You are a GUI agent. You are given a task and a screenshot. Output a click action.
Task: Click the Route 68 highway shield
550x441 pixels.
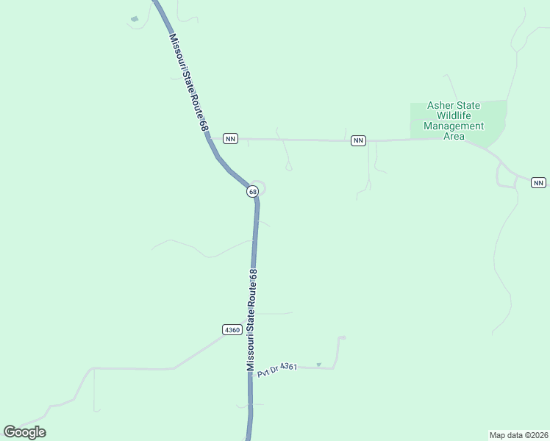click(x=252, y=191)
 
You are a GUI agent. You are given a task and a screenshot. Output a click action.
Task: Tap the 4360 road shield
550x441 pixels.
click(x=232, y=330)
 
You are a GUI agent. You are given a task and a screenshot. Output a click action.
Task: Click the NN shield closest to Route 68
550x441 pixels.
click(x=230, y=138)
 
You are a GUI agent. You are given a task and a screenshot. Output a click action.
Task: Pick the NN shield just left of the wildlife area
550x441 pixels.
click(x=358, y=140)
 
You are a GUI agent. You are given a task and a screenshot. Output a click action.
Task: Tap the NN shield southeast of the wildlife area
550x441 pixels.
click(x=538, y=182)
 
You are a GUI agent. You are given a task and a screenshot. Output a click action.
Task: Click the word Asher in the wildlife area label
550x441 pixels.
click(x=445, y=106)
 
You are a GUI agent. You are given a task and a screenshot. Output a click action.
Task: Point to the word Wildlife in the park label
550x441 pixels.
click(x=458, y=115)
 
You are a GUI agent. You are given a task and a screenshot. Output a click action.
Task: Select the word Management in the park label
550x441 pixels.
click(x=454, y=126)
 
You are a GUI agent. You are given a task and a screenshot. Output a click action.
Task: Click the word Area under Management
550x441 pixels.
click(x=454, y=136)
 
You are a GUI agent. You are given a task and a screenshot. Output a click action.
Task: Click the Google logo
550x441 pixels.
click(x=24, y=432)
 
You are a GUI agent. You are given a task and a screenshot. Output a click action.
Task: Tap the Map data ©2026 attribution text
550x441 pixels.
click(x=518, y=434)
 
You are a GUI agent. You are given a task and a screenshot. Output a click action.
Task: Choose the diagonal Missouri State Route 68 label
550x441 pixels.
click(x=188, y=82)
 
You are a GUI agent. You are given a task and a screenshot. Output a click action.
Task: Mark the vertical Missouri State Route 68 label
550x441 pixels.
click(x=252, y=320)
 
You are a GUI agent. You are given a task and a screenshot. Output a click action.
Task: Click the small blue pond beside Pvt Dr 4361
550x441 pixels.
click(x=318, y=364)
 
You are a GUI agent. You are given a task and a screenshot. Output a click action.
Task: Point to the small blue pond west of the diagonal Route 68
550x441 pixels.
click(x=134, y=19)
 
